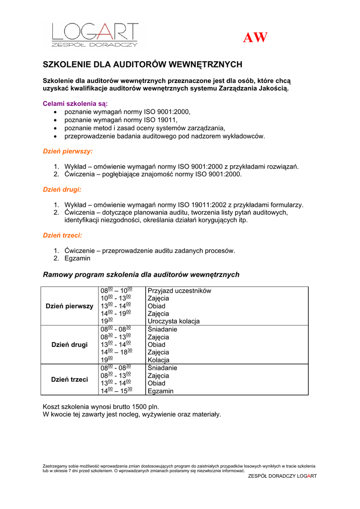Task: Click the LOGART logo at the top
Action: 95,34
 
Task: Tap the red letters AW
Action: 255,38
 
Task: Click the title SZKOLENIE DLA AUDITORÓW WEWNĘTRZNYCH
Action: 143,65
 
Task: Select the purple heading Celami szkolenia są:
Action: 75,104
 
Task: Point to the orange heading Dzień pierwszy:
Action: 68,151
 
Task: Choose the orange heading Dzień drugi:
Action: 62,189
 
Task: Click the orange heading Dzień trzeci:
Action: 62,236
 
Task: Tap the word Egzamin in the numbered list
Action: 78,258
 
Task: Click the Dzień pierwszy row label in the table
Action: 69,306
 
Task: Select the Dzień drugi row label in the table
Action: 69,344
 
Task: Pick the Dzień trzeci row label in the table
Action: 69,379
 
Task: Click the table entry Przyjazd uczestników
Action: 180,291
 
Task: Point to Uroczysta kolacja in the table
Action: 174,322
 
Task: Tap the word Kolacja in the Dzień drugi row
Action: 159,360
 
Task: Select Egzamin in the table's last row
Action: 161,391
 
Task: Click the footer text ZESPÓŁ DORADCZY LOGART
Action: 282,476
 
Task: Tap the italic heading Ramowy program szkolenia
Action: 141,274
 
